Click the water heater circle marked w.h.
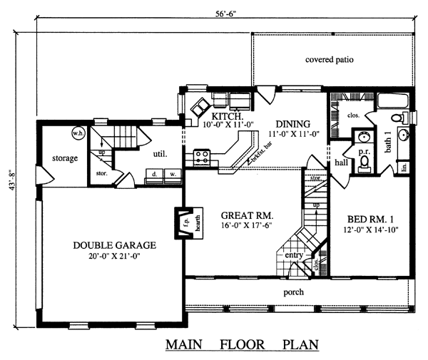tap(78, 133)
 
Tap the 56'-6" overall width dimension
tap(225, 14)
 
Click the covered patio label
tap(329, 59)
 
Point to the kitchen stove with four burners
tap(202, 158)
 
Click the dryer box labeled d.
tap(154, 176)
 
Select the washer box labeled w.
tap(173, 176)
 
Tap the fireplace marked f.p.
tap(185, 223)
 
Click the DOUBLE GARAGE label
tap(115, 245)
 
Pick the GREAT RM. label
tap(247, 215)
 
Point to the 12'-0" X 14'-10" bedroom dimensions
tap(371, 230)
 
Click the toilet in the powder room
tap(364, 165)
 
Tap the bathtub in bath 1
tap(393, 101)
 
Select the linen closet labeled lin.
tap(404, 167)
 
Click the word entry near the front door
tap(294, 255)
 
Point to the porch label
tap(293, 292)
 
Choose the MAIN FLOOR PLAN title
tap(242, 344)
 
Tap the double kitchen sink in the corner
tap(200, 108)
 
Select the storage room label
tap(65, 158)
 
